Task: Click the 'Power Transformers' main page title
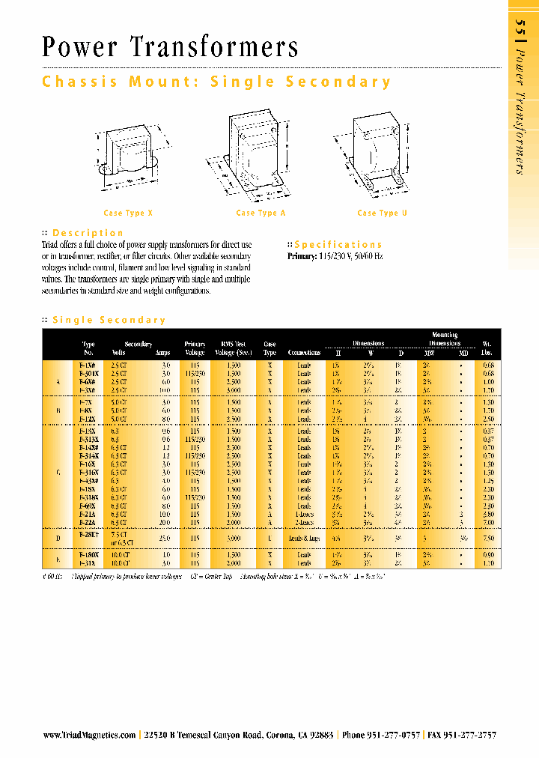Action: point(170,48)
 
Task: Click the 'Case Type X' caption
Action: point(128,213)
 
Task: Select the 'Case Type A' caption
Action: point(261,213)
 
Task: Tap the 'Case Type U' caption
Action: point(382,213)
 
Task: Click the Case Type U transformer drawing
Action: point(376,150)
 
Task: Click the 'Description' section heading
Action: point(88,233)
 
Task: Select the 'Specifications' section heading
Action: point(338,245)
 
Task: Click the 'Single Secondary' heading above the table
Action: point(109,321)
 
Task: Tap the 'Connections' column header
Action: point(304,353)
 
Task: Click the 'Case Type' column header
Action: point(269,348)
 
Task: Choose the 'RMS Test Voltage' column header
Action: point(234,348)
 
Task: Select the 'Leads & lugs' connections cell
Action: point(305,538)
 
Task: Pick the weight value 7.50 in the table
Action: point(487,538)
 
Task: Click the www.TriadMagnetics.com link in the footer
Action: point(89,736)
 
